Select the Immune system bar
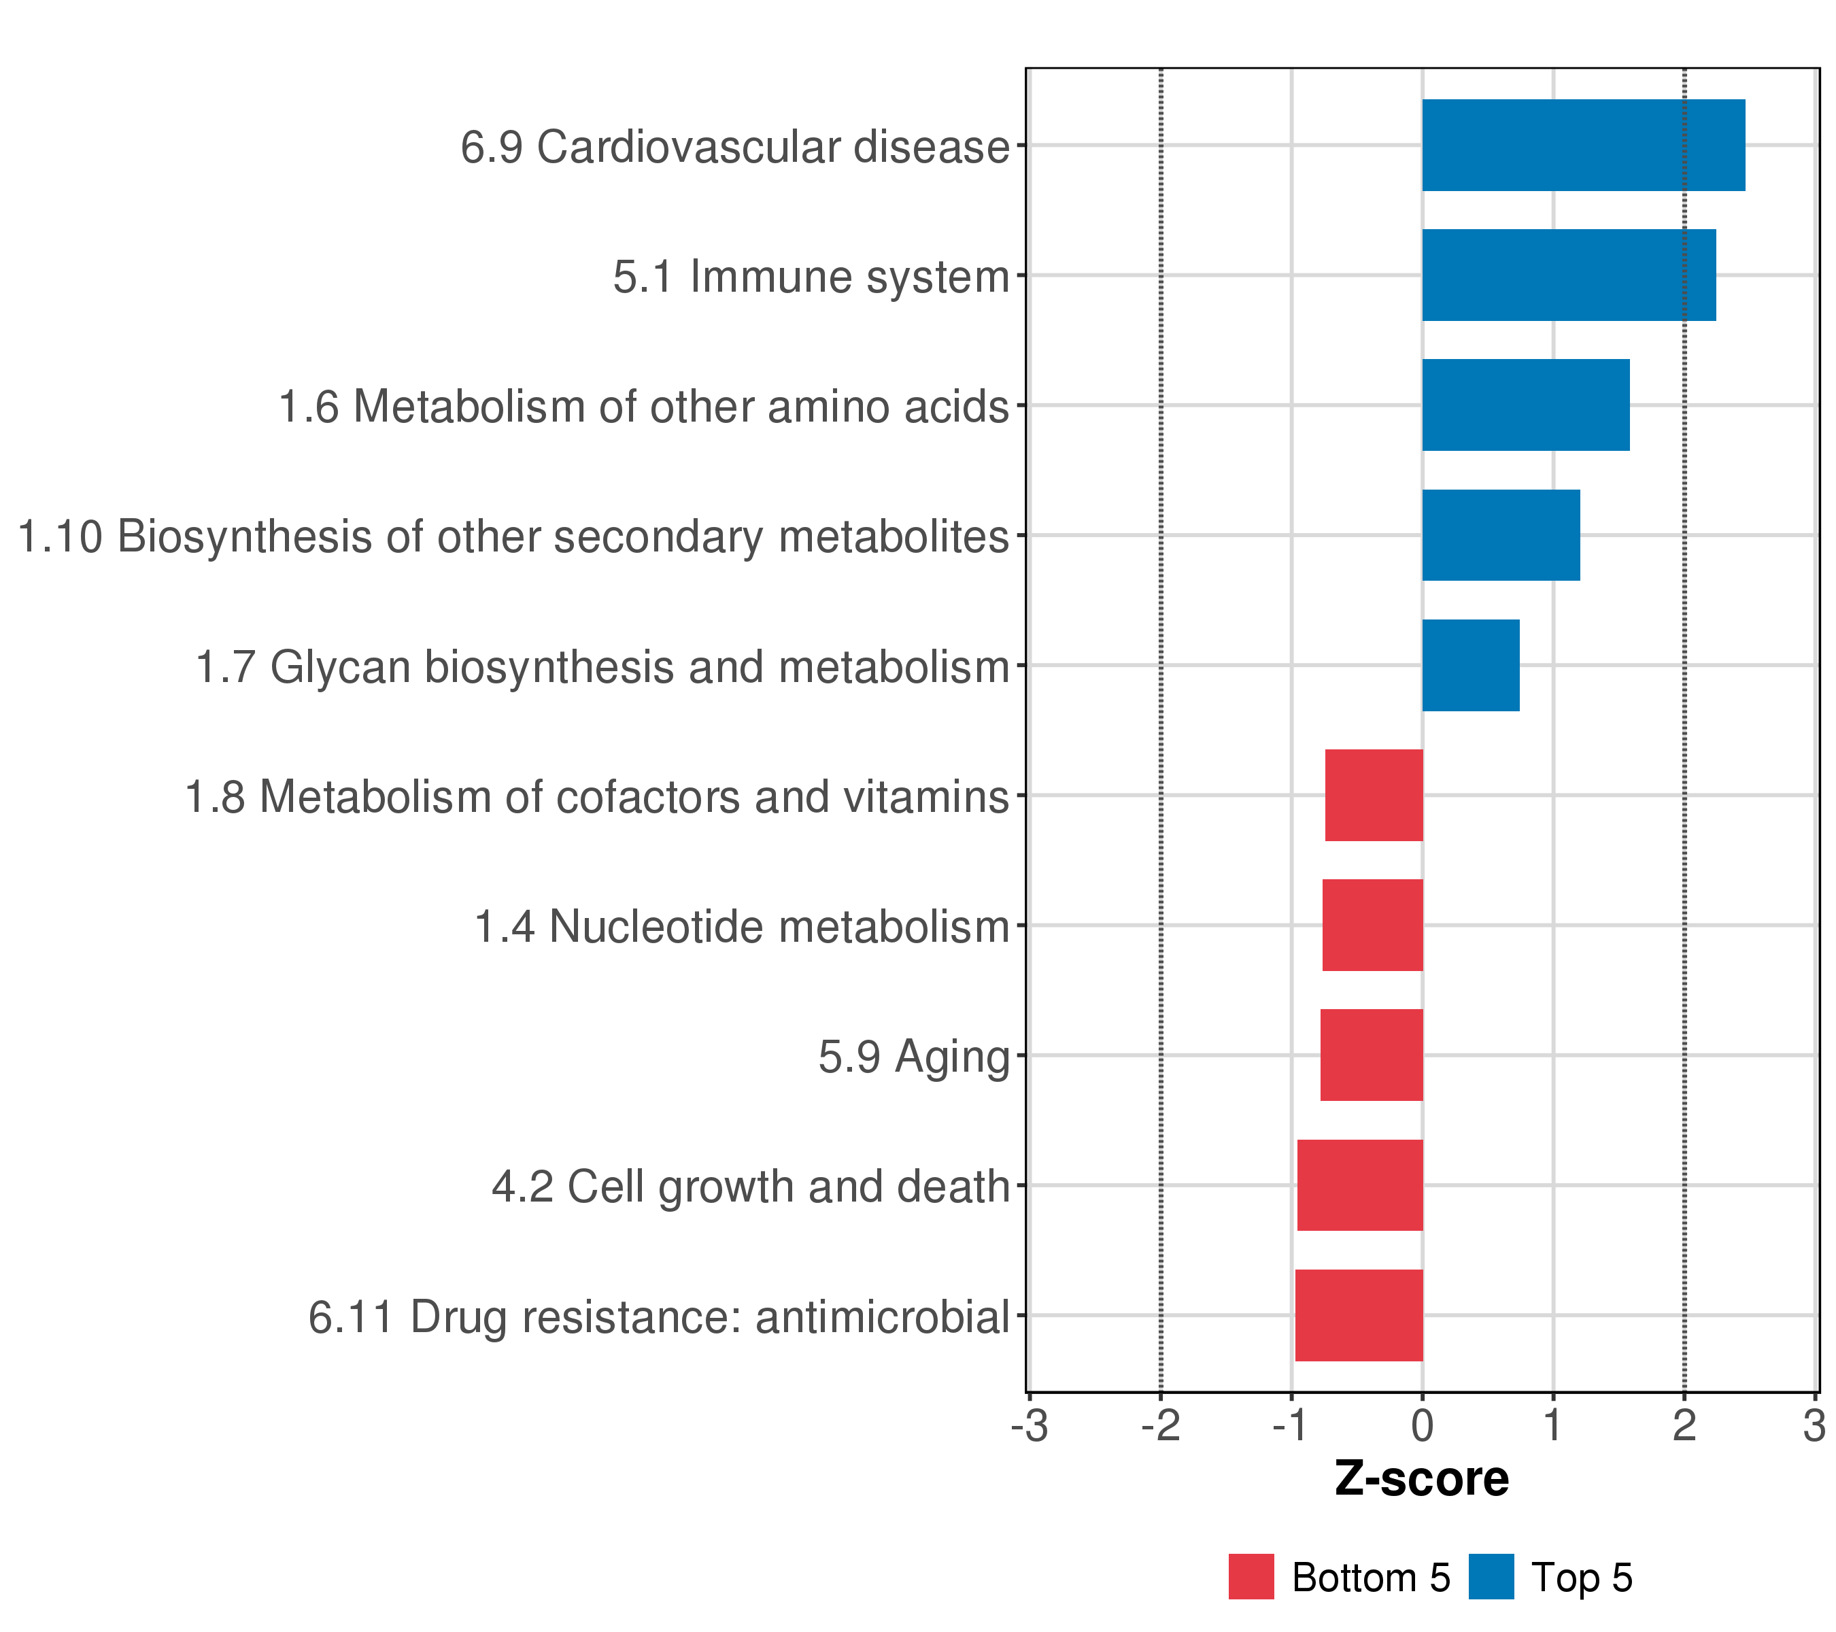1568,275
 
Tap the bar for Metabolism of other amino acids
1525,405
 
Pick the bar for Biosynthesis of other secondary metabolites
1500,535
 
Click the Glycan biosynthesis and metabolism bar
1470,666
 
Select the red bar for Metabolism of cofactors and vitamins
1374,795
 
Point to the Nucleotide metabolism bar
1372,925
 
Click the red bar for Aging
1371,1055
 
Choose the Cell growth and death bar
1359,1186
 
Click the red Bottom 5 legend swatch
1251,1577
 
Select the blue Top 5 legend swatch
1491,1577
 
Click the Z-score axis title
1421,1479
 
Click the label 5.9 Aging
913,1056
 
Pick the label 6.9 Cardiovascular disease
735,146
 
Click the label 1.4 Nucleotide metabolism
742,926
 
